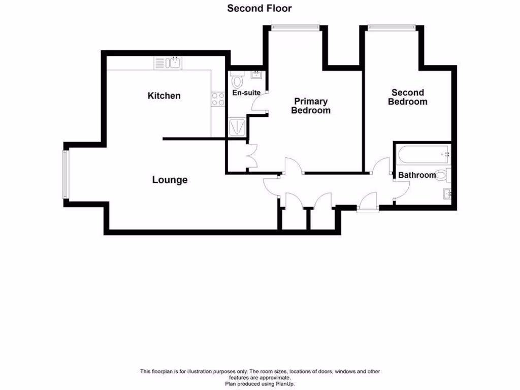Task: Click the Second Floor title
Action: (259, 8)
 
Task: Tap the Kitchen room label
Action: (164, 95)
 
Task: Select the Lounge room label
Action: (170, 180)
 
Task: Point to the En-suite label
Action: (246, 93)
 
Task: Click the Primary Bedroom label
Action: (310, 106)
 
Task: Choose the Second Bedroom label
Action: (407, 97)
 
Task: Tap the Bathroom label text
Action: (417, 175)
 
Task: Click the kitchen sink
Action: (169, 63)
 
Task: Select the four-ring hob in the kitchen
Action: (218, 99)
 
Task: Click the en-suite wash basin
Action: (255, 76)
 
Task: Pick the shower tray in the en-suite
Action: (237, 127)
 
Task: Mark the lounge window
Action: (65, 174)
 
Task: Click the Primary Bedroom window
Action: (296, 27)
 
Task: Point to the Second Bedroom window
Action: (391, 27)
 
